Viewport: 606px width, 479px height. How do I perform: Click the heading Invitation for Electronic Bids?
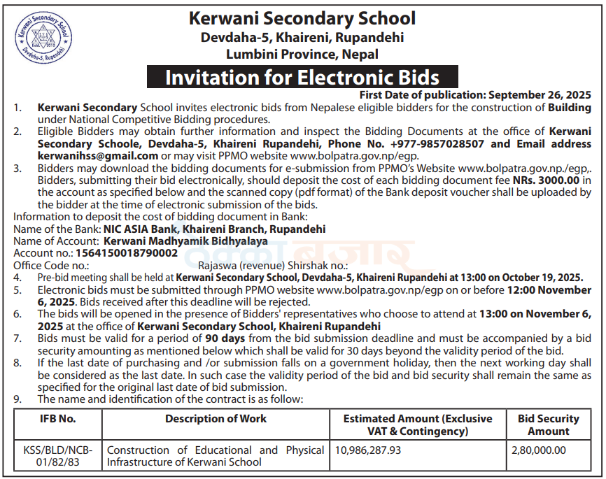(302, 77)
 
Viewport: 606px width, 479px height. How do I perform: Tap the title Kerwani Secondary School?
(302, 19)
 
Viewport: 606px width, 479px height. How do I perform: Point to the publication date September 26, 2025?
(540, 95)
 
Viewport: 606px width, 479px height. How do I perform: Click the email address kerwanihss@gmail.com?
(97, 155)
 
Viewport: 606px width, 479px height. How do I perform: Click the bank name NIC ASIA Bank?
(138, 229)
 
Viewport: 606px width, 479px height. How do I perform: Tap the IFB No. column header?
(57, 419)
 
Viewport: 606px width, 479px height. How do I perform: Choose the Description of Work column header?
(216, 419)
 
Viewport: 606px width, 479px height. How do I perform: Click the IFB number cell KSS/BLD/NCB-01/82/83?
(57, 456)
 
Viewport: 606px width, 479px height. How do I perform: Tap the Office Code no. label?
(51, 265)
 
